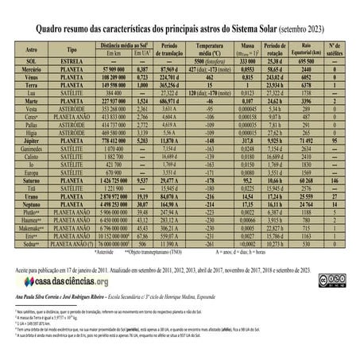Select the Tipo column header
(78, 48)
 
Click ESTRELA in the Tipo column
(78, 60)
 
